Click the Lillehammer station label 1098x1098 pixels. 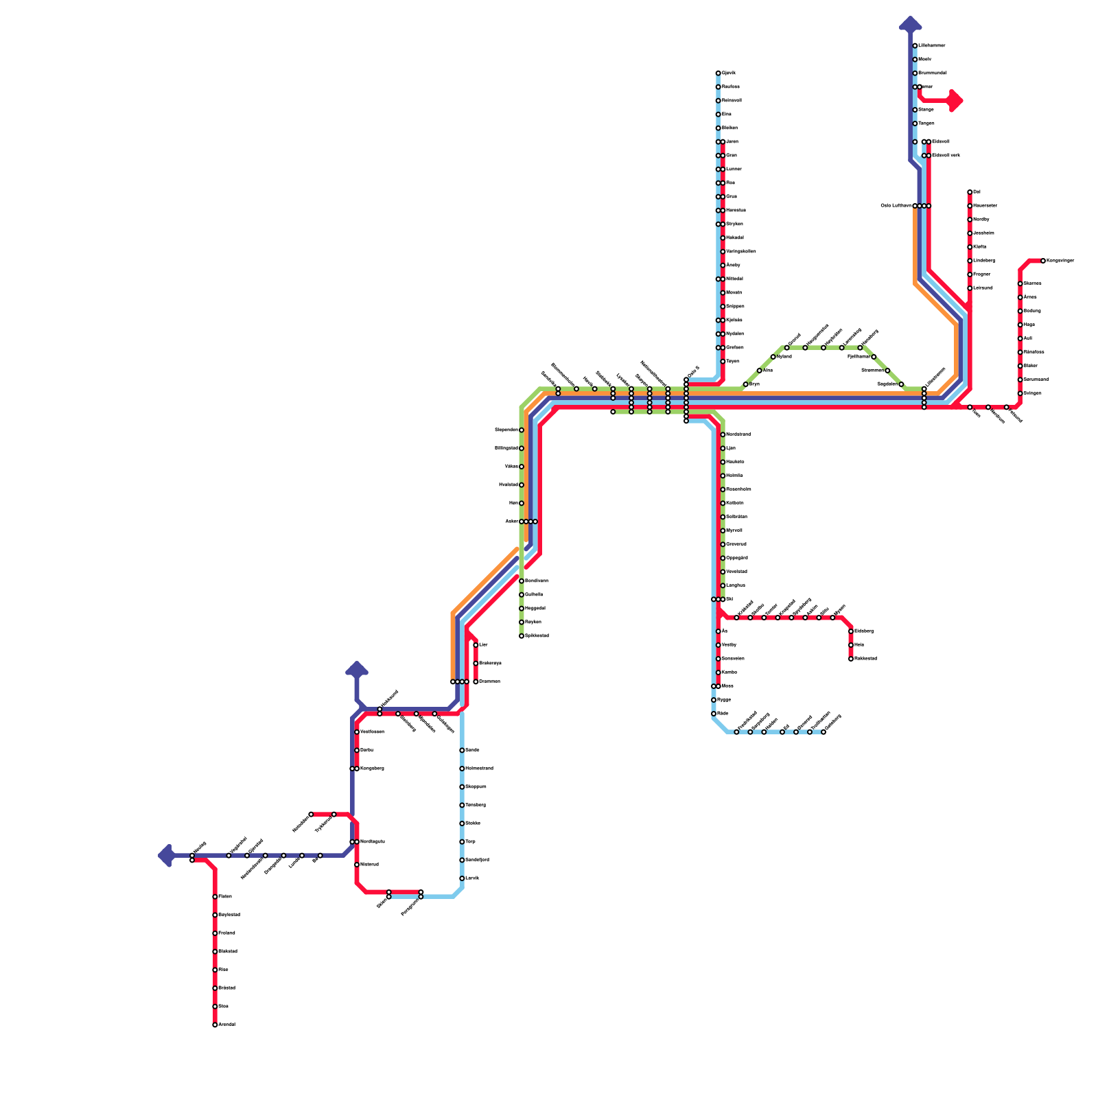click(x=931, y=46)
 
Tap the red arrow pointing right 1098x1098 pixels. click(x=955, y=101)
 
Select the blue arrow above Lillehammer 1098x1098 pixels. click(x=910, y=24)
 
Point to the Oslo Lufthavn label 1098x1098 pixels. click(x=896, y=206)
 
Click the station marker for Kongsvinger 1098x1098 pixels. click(x=1043, y=261)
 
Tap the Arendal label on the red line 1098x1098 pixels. click(x=226, y=1025)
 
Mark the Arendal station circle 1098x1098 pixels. click(x=215, y=1025)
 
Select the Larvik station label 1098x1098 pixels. click(x=471, y=878)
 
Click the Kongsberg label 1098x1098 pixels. click(x=372, y=769)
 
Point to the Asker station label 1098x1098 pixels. click(x=511, y=522)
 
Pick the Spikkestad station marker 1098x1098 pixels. click(x=522, y=636)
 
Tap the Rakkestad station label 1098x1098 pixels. click(x=865, y=659)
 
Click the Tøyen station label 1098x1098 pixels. click(x=732, y=362)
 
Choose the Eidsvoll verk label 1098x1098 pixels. click(x=945, y=156)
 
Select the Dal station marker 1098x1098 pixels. click(x=970, y=192)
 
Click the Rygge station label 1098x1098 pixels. click(x=723, y=700)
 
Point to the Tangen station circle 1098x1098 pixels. click(x=915, y=124)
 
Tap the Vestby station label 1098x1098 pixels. click(x=729, y=645)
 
